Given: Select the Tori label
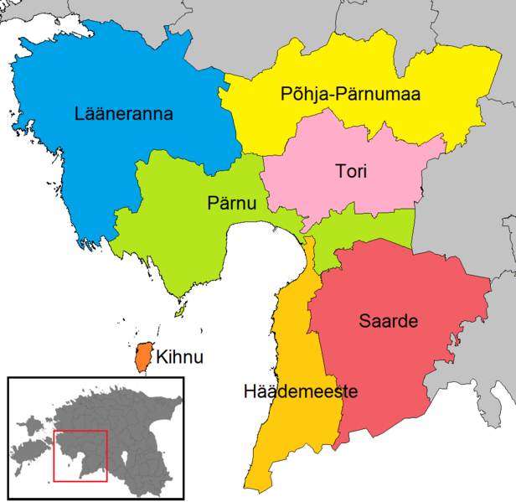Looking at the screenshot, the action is (351, 172).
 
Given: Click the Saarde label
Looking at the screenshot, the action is (388, 320).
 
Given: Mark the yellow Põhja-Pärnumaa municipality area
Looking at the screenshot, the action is (452, 92).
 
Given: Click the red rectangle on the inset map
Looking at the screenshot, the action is (80, 432).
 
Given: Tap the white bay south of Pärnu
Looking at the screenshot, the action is (251, 277).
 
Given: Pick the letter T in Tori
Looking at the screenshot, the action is (339, 172).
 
